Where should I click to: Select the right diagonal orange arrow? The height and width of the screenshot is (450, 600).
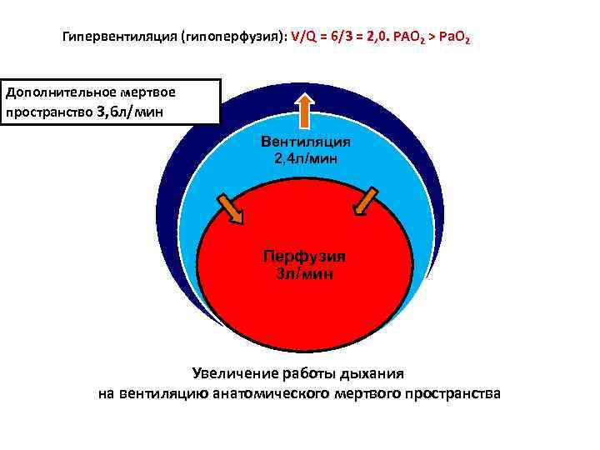365,201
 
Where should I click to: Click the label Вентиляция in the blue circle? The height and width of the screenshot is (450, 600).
306,142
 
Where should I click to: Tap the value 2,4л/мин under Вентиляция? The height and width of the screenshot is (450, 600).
306,157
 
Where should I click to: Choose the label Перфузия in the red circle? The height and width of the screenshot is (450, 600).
304,257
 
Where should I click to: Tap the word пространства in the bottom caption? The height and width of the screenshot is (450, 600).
452,393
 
